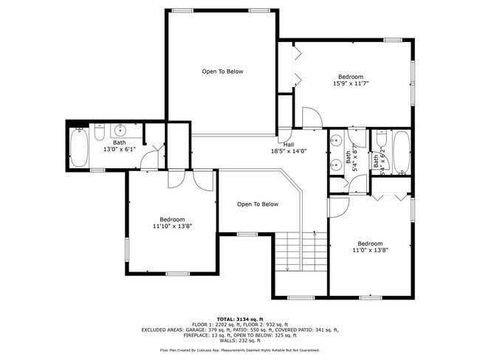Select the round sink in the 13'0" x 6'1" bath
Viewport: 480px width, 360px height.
[120, 131]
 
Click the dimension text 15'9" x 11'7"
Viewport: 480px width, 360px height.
[351, 83]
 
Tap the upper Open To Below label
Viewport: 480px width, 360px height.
[222, 72]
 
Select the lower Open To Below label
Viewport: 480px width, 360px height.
[257, 204]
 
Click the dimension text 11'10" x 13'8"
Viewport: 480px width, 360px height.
[172, 226]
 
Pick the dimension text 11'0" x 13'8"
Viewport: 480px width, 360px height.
[370, 250]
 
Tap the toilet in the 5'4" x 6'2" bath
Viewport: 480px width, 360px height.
[381, 138]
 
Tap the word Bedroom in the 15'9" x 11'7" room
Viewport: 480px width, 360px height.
[351, 77]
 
